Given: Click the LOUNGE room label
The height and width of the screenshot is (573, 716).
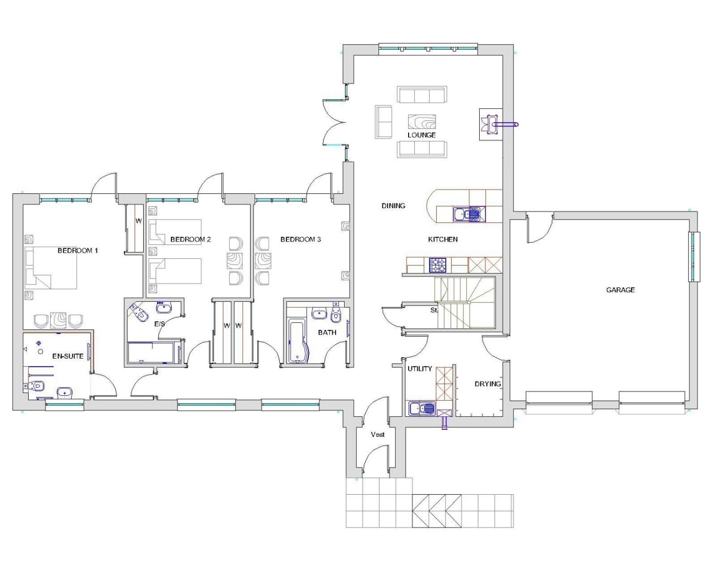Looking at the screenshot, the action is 422,135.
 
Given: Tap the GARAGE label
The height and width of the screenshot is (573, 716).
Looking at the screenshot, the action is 620,290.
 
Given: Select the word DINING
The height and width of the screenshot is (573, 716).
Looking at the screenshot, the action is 393,206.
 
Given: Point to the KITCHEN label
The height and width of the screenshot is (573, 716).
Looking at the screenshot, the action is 443,239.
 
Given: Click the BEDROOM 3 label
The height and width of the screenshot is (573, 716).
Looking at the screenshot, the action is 300,239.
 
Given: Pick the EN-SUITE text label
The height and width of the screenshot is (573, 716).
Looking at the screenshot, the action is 68,356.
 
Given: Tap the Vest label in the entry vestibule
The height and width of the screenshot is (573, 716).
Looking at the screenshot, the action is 378,435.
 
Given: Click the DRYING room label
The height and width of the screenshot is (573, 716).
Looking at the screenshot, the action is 488,384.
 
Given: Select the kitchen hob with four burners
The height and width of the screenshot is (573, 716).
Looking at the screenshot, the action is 439,265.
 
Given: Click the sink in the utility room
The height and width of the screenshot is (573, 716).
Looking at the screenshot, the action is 422,408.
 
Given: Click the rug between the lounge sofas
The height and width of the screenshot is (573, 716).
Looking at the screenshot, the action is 422,122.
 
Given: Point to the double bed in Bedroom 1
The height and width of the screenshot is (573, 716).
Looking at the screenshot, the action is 51,268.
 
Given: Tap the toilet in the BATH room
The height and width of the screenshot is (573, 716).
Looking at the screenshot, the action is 337,314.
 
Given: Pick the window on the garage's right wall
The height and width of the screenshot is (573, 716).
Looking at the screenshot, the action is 695,257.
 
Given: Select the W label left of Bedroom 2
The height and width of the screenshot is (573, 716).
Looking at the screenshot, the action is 138,221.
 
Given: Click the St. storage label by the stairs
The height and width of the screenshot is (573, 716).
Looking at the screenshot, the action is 435,310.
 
